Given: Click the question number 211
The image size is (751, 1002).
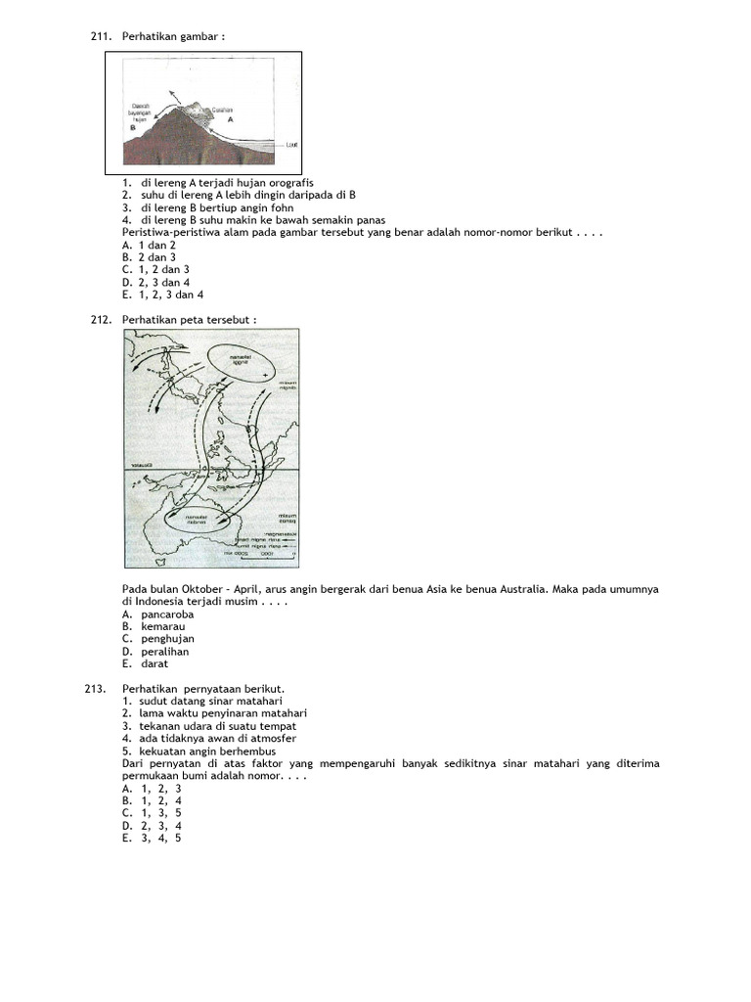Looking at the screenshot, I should [101, 36].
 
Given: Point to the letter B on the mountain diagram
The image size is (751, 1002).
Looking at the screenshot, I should [130, 126].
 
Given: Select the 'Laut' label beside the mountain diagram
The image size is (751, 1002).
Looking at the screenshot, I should [292, 144].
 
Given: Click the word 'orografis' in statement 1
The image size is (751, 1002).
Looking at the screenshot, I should [286, 183].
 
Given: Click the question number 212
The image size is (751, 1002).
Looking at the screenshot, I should [101, 320].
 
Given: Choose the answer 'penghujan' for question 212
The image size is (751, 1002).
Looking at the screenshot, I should [167, 639].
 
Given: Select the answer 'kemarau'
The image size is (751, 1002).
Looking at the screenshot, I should [162, 626].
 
